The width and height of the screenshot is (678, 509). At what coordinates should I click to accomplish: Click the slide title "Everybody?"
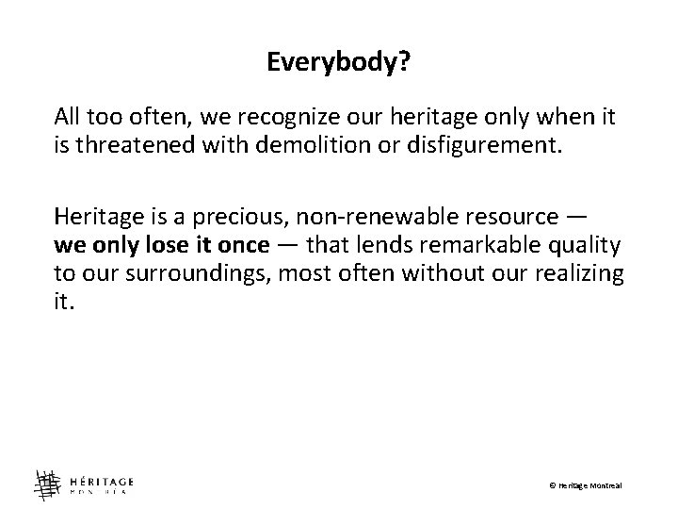click(x=337, y=63)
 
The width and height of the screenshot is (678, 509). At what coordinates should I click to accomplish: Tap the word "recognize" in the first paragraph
click(x=245, y=117)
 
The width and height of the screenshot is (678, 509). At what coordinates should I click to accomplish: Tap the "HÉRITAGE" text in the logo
click(x=100, y=476)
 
